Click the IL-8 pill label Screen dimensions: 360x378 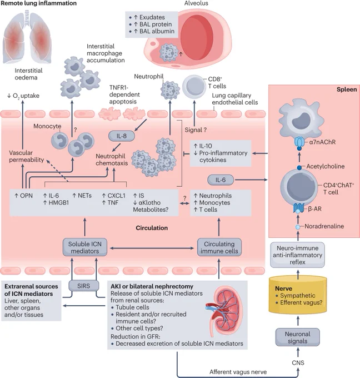point(122,136)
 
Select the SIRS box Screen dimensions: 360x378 point(84,286)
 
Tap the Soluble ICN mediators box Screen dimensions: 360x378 point(85,247)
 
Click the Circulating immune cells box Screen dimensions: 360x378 point(219,247)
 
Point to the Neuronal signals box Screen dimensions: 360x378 point(298,337)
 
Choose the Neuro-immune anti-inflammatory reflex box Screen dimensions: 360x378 point(297,255)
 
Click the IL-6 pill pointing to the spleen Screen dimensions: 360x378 point(221,180)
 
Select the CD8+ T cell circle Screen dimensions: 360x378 point(194,87)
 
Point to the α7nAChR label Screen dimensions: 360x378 point(322,142)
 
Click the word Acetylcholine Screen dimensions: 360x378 point(326,166)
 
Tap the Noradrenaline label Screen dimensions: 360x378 point(324,226)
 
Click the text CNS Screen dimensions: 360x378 point(298,363)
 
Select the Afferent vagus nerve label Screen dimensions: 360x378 point(238,372)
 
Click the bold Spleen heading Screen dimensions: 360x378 point(347,89)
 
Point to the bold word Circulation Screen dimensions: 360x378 point(152,228)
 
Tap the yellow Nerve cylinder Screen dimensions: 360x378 point(298,295)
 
